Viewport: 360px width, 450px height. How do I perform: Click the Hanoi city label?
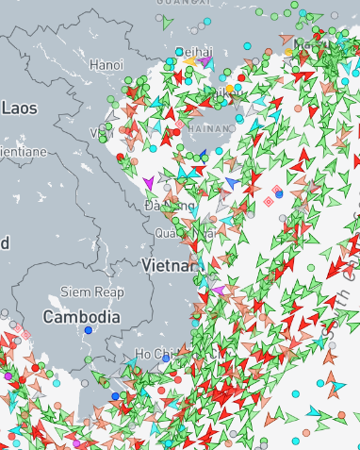pos(106,65)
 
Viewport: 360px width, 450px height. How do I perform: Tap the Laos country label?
pos(19,108)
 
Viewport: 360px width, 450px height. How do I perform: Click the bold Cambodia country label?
pos(82,317)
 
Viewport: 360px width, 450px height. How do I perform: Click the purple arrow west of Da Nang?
pos(148,182)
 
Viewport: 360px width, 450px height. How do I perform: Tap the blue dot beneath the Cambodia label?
pos(88,330)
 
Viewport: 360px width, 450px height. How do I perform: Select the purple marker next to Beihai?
pos(205,60)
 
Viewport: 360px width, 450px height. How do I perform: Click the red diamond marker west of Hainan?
pos(179,123)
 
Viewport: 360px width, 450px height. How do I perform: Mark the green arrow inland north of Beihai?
pos(167,21)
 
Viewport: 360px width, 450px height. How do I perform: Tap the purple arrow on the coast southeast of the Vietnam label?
pos(217,290)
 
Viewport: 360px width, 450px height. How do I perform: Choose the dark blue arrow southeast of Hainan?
pos(232,180)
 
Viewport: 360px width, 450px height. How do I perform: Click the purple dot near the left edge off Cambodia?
pos(8,375)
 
